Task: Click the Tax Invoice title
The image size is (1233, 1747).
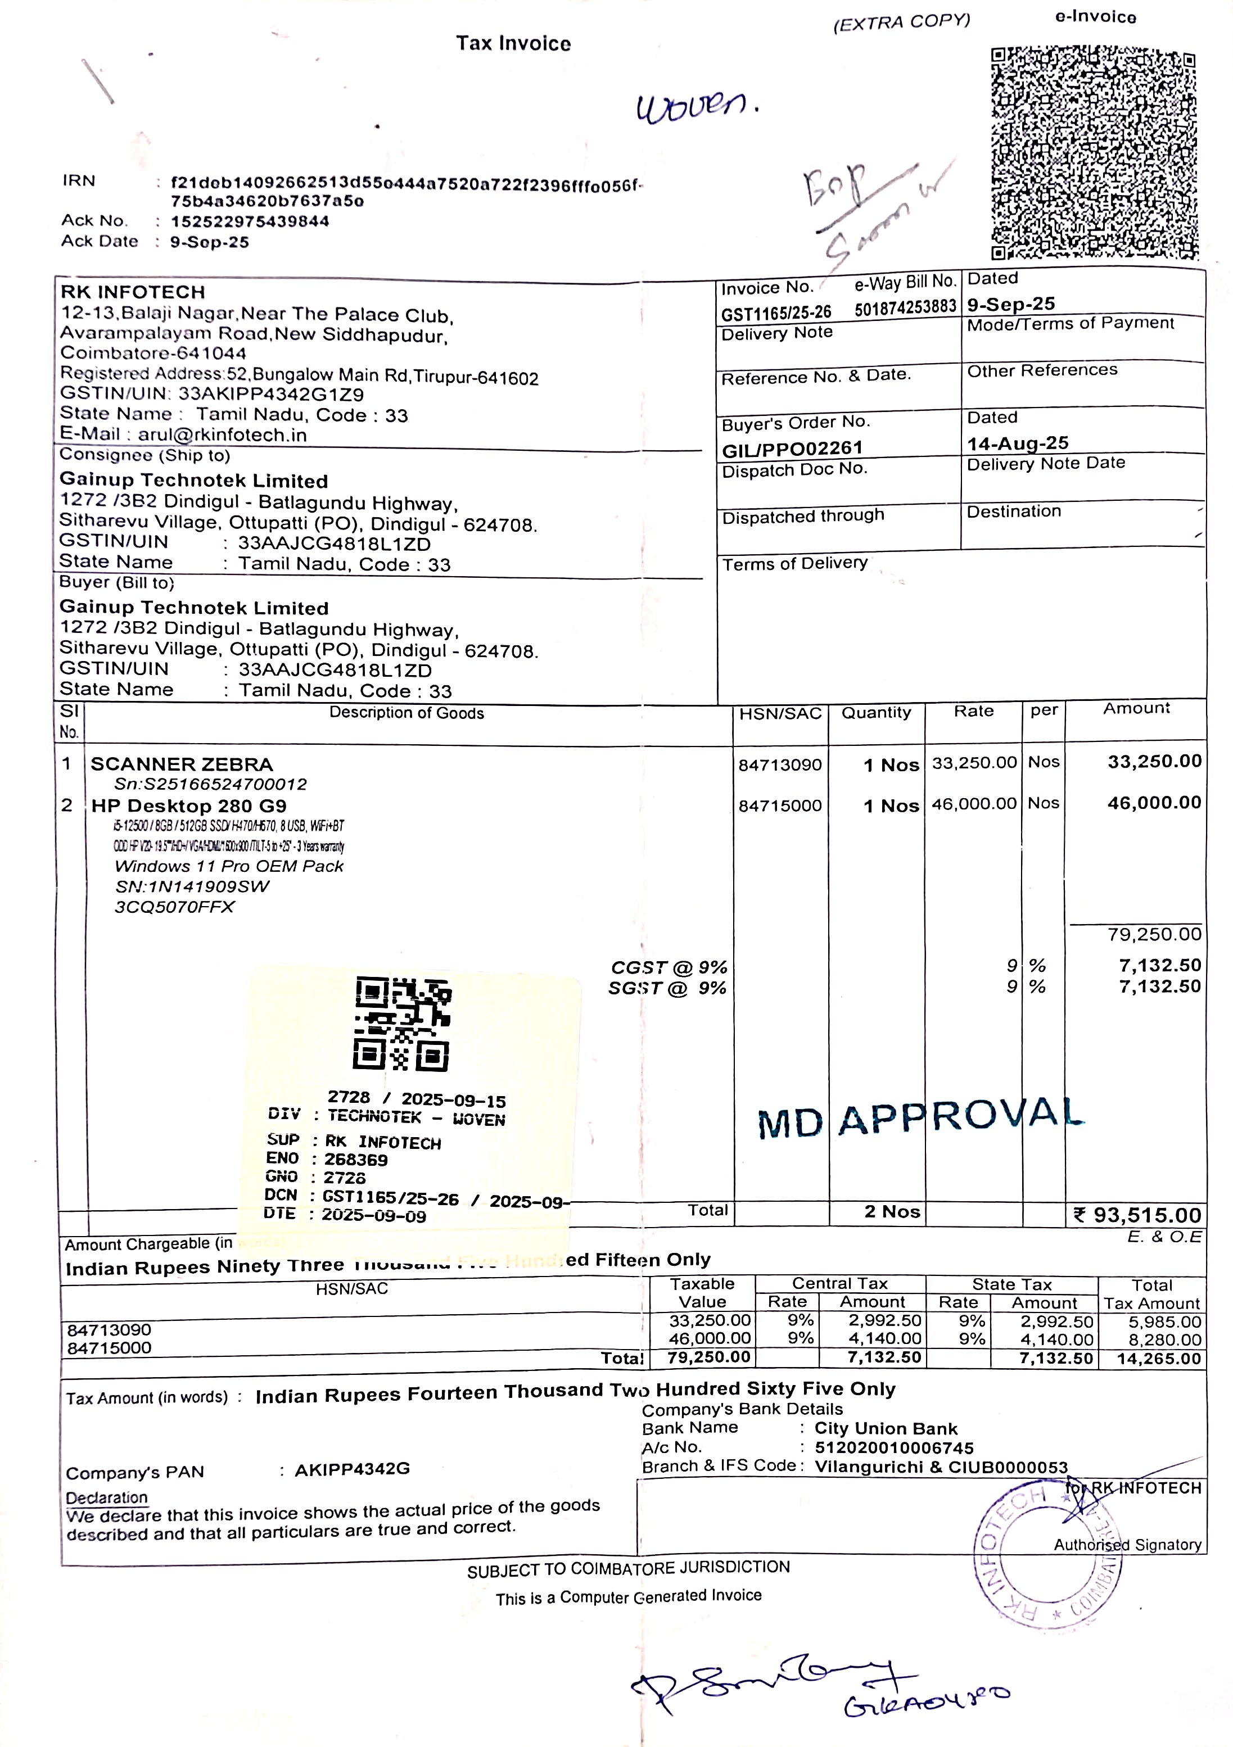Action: click(x=514, y=43)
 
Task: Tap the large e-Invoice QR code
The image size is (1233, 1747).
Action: click(x=1094, y=153)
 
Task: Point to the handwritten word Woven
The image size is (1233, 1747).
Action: click(x=697, y=107)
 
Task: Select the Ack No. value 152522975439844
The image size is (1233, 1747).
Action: click(x=250, y=221)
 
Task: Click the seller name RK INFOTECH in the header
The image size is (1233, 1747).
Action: click(x=133, y=292)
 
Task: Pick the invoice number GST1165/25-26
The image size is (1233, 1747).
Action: click(x=775, y=313)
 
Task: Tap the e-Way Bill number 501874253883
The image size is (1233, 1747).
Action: click(x=905, y=307)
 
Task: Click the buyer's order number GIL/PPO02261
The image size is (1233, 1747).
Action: click(x=792, y=449)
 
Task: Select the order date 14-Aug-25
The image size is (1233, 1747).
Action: click(x=1018, y=443)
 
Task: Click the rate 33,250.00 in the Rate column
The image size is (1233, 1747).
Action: click(x=973, y=762)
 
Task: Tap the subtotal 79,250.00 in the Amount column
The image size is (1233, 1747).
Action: click(x=1154, y=934)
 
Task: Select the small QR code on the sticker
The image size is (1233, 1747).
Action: click(x=402, y=1024)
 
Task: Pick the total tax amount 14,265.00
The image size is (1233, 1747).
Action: click(x=1158, y=1358)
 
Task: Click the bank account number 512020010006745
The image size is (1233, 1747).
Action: click(x=893, y=1448)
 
